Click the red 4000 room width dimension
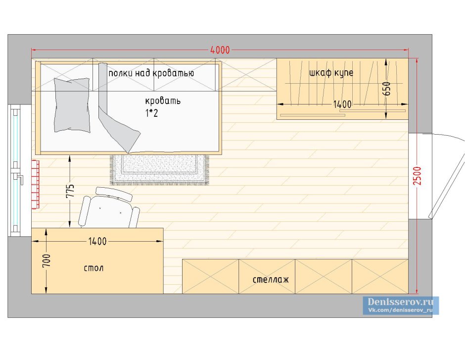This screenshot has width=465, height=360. click(x=220, y=50)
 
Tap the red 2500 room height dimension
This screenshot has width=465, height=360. click(x=417, y=176)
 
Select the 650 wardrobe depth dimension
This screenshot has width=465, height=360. click(x=387, y=89)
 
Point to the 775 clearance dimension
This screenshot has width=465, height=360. click(x=70, y=191)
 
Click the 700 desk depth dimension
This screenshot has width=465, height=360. click(x=46, y=260)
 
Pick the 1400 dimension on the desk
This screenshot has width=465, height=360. click(x=97, y=241)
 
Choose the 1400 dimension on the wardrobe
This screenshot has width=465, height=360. click(x=342, y=104)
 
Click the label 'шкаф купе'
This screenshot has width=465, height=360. click(x=331, y=73)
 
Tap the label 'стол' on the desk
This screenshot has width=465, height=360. click(x=93, y=268)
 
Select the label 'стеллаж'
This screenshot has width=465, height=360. click(x=271, y=280)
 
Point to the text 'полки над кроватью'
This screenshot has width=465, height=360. click(x=151, y=73)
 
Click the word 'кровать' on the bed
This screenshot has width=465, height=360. click(x=163, y=101)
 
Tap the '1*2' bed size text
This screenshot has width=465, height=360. click(x=151, y=113)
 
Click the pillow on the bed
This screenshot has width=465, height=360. click(x=72, y=105)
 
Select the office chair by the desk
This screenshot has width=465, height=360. click(x=109, y=208)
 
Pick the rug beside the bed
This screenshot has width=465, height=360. click(x=160, y=170)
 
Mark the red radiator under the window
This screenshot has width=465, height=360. click(x=35, y=185)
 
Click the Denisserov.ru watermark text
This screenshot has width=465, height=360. click(x=400, y=302)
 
